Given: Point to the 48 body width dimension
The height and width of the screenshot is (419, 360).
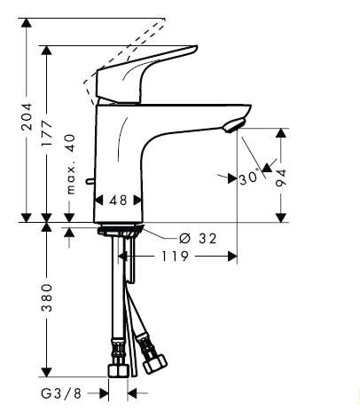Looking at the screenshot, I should point(118,202).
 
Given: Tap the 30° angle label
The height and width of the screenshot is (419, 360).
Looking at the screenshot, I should point(249,178).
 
